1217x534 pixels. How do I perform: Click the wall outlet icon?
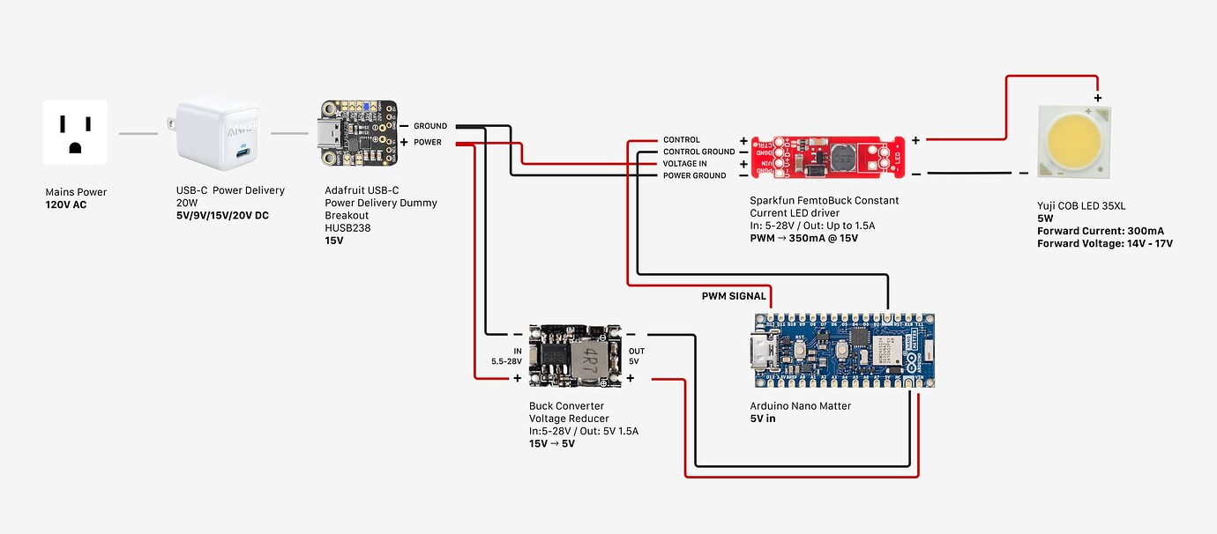(76, 132)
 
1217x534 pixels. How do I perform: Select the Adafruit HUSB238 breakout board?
(357, 134)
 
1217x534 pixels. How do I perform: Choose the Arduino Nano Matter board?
(841, 350)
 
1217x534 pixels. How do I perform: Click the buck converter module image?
(575, 355)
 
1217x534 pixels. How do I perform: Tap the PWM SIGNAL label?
(734, 296)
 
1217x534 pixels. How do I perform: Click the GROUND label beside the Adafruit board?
(430, 126)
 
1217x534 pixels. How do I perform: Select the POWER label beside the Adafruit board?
(428, 142)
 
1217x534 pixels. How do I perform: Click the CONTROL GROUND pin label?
(698, 152)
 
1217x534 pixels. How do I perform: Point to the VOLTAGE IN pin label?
(685, 164)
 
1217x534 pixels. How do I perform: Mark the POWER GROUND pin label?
(694, 175)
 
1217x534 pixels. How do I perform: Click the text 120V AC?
(66, 205)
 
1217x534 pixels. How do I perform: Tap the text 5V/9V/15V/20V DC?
(222, 216)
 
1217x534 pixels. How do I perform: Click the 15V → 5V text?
(552, 443)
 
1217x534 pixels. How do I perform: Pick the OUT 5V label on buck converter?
(636, 356)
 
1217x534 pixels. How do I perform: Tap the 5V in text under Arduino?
(763, 419)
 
